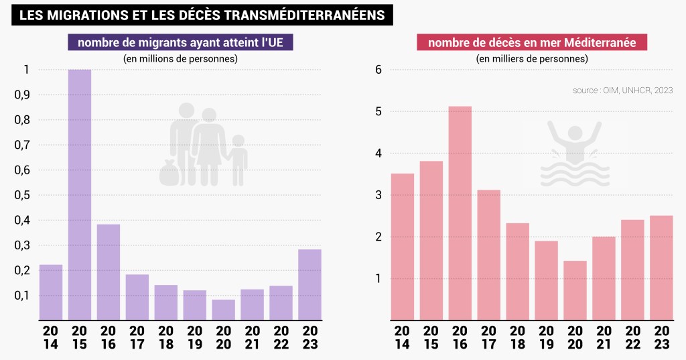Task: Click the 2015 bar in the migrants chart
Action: pos(80,194)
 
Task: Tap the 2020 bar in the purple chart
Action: pos(224,309)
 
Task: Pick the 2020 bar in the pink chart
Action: pos(575,290)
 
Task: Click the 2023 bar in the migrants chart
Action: pos(310,284)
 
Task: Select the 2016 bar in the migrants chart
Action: pos(109,272)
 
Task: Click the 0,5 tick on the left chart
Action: pos(23,195)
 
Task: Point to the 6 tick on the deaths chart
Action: pos(379,70)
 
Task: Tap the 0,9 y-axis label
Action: pos(23,95)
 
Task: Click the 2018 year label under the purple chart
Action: pos(165,337)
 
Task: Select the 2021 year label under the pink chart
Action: pos(604,337)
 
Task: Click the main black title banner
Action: pos(202,15)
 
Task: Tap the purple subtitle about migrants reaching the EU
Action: pos(180,43)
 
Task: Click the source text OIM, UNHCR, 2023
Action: pos(622,90)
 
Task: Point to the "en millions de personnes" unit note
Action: pos(180,59)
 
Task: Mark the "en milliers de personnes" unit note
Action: pos(532,59)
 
